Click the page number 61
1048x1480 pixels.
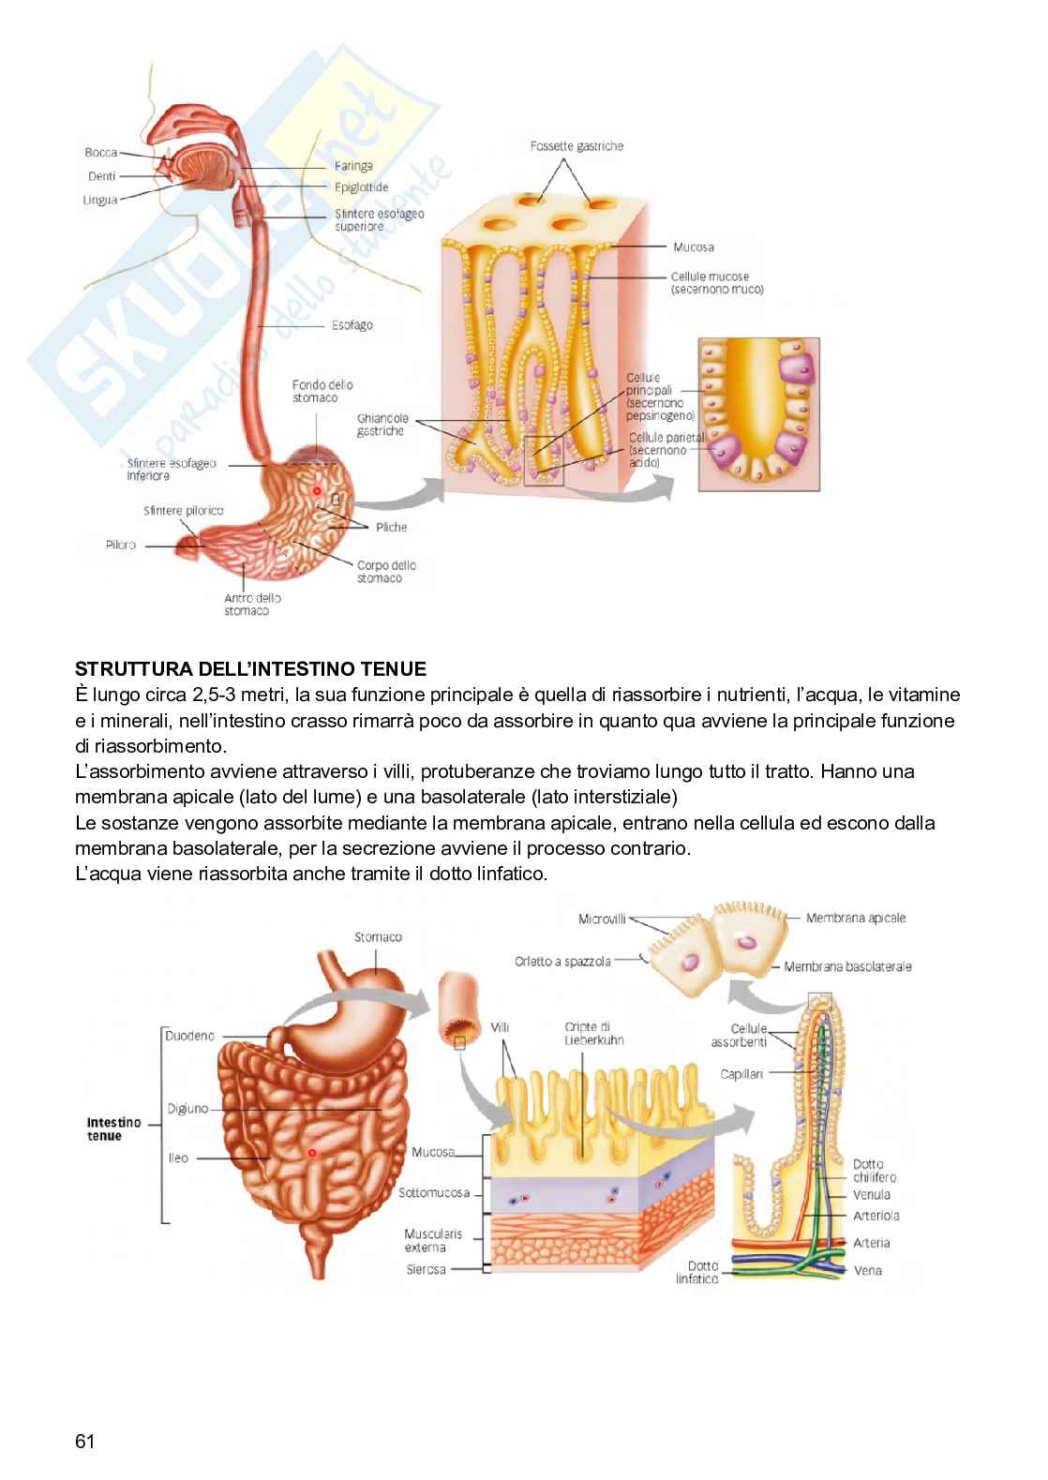pos(84,1441)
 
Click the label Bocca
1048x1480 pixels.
pos(100,153)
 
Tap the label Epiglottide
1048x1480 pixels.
pos(361,187)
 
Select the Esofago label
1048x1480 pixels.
pos(352,325)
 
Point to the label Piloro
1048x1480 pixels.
pos(121,545)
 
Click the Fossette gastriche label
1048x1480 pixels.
pos(576,146)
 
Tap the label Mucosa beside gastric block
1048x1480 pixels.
pos(693,247)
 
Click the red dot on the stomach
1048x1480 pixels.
pos(317,490)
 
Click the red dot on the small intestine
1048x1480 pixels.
pos(313,1151)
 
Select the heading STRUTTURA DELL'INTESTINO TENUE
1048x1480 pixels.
pos(250,669)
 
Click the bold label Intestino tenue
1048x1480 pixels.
pos(113,1129)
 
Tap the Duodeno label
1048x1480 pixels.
pos(189,1036)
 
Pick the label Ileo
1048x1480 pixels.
pos(178,1158)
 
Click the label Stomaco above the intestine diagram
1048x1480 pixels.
pos(378,936)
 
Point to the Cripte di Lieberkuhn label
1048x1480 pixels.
pos(594,1033)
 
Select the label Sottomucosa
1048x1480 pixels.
pos(433,1193)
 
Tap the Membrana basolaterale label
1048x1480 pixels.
pos(847,966)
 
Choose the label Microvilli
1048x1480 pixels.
pos(602,919)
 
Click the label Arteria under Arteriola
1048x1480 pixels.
pos(872,1243)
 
